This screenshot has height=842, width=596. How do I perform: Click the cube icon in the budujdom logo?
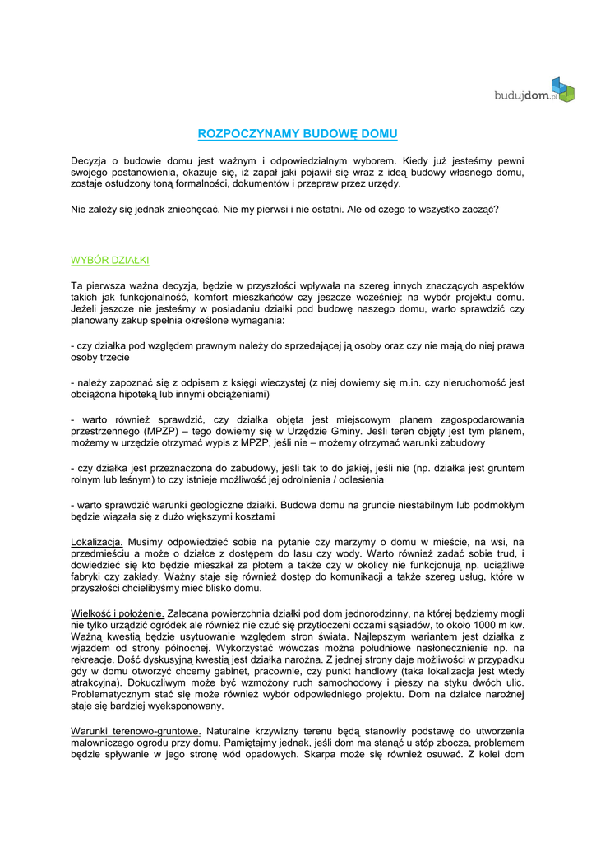tap(562, 89)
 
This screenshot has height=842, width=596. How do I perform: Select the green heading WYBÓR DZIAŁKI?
tap(109, 261)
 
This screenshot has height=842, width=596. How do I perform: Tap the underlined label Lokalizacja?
tap(97, 543)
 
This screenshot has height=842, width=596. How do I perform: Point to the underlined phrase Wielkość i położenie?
tap(118, 613)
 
